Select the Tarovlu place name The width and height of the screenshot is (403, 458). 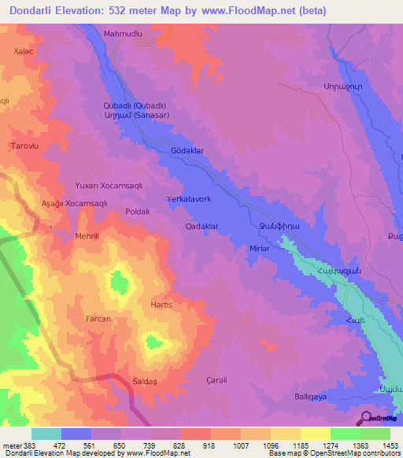tap(23, 146)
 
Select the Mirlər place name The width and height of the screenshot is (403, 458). tap(260, 247)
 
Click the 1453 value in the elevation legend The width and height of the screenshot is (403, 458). tap(390, 445)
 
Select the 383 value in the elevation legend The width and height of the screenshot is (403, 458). tap(30, 445)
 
